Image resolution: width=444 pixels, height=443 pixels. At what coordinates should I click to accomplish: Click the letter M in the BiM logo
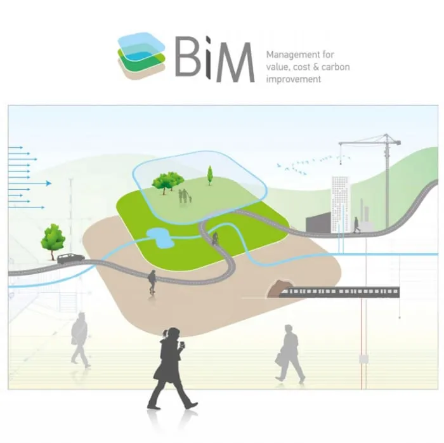[x=235, y=62]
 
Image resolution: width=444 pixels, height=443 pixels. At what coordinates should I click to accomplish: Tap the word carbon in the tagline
[x=336, y=67]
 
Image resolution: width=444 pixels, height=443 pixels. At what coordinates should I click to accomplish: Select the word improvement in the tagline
[x=293, y=79]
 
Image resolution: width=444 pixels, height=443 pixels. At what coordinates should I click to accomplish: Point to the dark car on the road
[x=71, y=258]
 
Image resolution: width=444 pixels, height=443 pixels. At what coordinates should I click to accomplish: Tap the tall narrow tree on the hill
[x=209, y=175]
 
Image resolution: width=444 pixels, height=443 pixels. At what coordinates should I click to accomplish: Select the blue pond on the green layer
[x=159, y=237]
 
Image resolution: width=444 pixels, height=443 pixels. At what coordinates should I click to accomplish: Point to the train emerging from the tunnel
[x=339, y=292]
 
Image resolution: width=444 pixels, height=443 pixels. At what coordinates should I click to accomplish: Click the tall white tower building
[x=341, y=204]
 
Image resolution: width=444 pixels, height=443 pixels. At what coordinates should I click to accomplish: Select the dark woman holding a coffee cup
[x=170, y=368]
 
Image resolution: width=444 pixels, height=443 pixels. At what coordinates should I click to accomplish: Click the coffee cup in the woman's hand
[x=183, y=345]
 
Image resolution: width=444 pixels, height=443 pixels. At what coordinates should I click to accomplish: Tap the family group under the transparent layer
[x=185, y=195]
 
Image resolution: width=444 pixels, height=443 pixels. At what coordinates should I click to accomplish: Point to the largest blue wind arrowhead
[x=49, y=183]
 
